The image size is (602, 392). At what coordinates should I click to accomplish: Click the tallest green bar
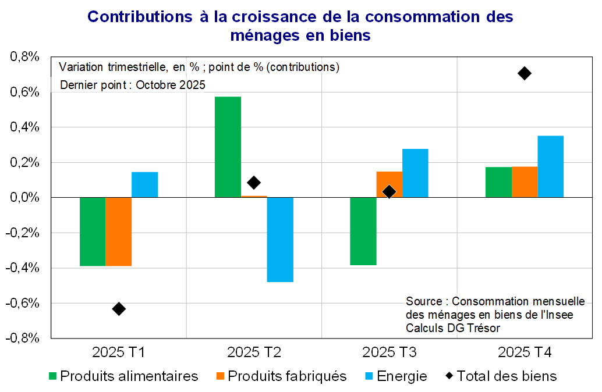(228, 147)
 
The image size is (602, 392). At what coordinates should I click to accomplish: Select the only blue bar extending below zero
(280, 240)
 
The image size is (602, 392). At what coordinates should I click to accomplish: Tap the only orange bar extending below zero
(119, 231)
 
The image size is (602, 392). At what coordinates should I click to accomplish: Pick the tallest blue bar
(551, 166)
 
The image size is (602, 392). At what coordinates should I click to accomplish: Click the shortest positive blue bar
(145, 184)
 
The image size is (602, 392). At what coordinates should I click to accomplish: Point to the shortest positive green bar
(498, 182)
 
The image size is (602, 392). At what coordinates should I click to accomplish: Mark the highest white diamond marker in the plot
(525, 73)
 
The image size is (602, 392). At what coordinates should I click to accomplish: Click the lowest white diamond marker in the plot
(119, 309)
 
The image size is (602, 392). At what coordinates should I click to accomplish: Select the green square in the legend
(53, 376)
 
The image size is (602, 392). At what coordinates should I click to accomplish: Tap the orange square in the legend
(220, 376)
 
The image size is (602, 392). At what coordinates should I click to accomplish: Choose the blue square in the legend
(370, 376)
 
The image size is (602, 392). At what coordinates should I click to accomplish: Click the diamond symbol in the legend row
(449, 376)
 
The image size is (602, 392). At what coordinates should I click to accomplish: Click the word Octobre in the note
(154, 85)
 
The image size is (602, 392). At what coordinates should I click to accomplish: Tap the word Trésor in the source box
(484, 328)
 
